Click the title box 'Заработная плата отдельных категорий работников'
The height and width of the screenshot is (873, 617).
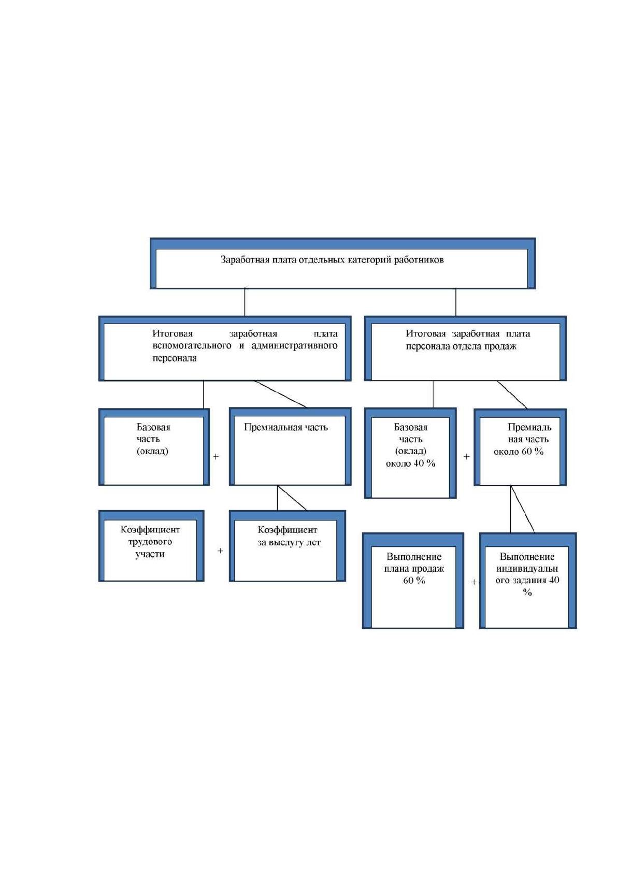(343, 263)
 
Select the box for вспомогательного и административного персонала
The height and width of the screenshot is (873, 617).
(225, 348)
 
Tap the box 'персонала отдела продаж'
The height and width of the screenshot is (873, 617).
(466, 348)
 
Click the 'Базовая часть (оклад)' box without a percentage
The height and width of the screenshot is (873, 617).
(154, 447)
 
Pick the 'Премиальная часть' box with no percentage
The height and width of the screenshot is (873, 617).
(290, 447)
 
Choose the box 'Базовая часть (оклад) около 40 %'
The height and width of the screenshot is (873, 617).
(410, 453)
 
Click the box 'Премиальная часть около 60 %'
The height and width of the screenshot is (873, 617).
(520, 447)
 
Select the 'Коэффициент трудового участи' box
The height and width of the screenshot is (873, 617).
(151, 546)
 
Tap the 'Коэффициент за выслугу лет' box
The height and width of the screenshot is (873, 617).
(288, 546)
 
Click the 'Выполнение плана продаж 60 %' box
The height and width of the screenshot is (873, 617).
(413, 581)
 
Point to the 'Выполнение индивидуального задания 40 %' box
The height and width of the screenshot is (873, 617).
(528, 581)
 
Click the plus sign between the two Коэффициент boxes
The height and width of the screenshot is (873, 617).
(220, 551)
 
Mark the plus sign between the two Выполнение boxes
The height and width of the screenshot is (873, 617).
(473, 582)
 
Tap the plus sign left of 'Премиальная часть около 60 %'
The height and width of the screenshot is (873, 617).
(466, 456)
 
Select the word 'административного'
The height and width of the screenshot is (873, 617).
(294, 346)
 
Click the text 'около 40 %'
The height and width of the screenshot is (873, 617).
(410, 463)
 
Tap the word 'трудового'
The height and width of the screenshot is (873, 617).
(150, 542)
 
